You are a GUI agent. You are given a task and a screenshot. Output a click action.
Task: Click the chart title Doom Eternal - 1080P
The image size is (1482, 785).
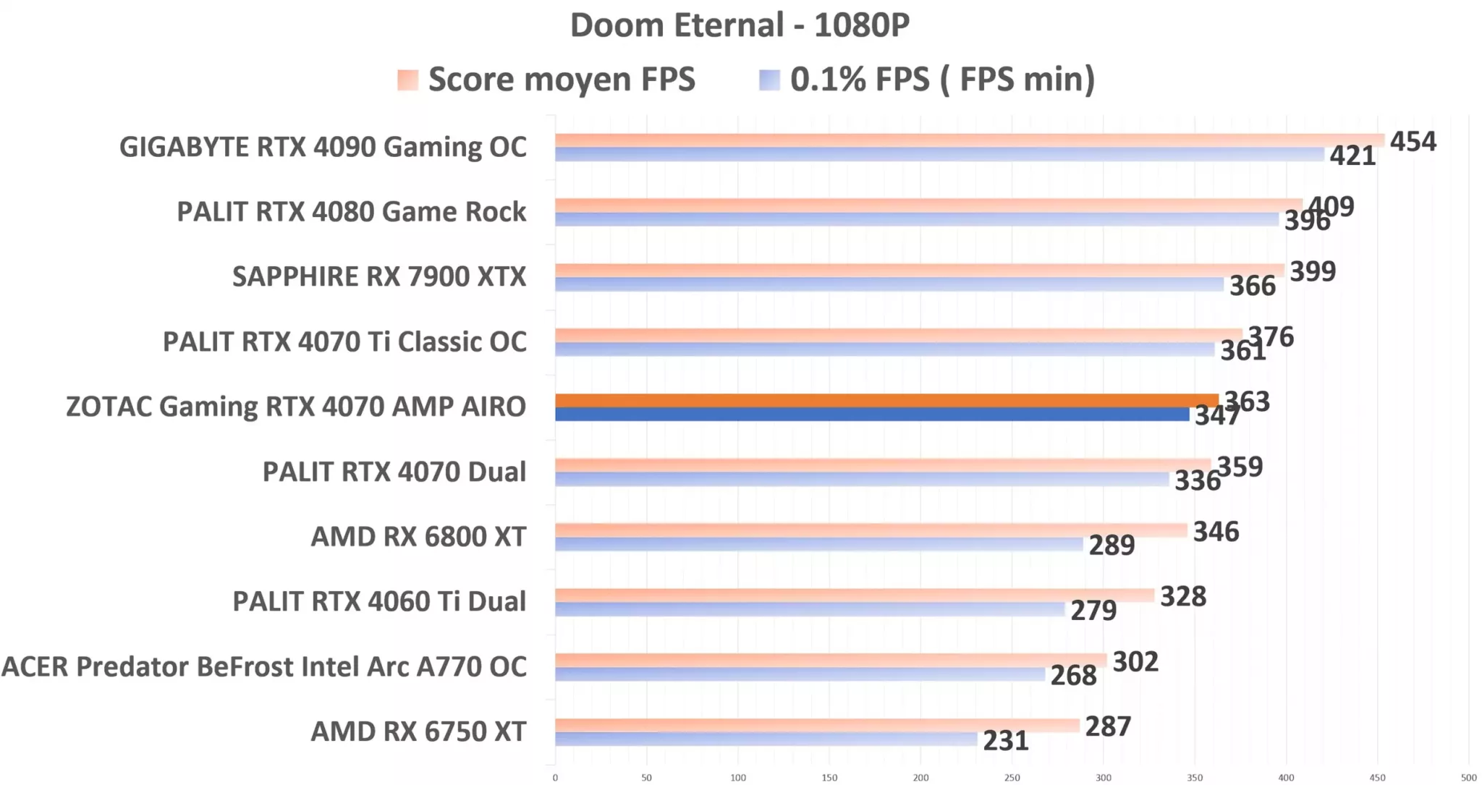[740, 25]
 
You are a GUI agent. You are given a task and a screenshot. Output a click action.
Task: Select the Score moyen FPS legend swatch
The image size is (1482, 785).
[407, 80]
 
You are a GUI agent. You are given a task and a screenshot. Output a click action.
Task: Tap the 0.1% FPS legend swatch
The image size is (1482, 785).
[769, 80]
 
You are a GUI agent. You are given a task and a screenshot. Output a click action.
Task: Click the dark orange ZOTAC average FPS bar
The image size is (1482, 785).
[886, 401]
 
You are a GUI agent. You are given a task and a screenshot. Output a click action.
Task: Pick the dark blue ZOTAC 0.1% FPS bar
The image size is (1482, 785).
[872, 415]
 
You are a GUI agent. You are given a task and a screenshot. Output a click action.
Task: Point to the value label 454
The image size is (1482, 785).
[1413, 141]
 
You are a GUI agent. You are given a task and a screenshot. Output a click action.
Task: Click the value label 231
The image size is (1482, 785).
[1005, 741]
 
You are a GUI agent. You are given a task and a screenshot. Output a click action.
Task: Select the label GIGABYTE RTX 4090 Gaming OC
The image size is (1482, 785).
[323, 147]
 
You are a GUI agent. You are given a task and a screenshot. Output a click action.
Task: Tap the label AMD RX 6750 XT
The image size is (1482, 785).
[418, 731]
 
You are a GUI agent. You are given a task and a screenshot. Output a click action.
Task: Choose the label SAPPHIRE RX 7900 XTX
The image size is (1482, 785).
[379, 276]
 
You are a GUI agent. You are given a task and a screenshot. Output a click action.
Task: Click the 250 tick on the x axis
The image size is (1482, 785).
[1012, 778]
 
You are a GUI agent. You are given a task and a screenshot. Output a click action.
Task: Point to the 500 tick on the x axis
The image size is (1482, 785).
[1468, 778]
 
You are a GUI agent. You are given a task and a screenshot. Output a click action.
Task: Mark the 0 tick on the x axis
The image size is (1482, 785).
[555, 778]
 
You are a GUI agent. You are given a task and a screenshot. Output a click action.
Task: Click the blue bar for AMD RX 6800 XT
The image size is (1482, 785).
[818, 544]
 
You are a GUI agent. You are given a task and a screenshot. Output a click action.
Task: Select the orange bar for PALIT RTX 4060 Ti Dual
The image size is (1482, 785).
[854, 595]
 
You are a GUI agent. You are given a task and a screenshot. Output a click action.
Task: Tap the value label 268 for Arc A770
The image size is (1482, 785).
[1073, 676]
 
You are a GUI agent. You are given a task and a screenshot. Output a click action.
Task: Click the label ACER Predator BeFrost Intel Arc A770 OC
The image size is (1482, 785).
[264, 666]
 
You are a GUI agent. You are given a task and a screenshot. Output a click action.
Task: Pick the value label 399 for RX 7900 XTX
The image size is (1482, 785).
[1313, 271]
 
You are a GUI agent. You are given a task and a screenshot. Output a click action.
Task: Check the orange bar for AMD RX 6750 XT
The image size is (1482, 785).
[816, 725]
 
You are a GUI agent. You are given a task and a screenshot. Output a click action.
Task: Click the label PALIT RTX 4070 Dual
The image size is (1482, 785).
[394, 472]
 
